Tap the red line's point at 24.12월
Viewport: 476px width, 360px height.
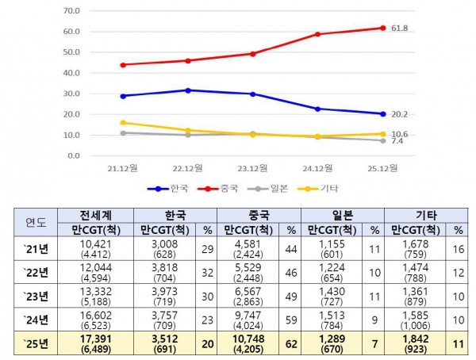[317, 34]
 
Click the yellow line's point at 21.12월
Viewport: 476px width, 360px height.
[123, 123]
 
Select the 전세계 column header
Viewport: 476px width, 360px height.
[100, 215]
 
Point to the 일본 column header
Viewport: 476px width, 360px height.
[343, 215]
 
